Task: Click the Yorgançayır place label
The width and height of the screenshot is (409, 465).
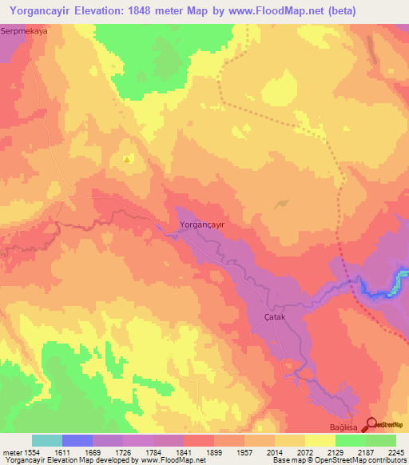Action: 203,225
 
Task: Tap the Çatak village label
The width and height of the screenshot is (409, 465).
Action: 275,317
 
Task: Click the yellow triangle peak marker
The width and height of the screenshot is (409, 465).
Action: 127,160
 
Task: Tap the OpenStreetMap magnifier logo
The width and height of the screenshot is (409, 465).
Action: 370,426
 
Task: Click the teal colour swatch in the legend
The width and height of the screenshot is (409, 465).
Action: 47,440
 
